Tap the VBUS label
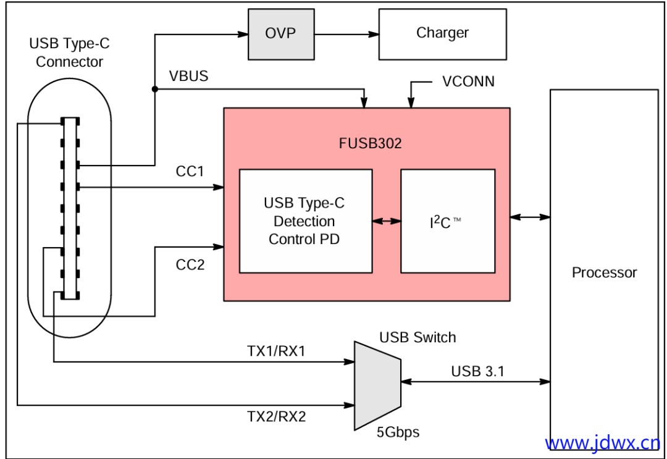pyautogui.click(x=188, y=77)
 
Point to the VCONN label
pyautogui.click(x=468, y=82)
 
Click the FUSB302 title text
pyautogui.click(x=371, y=144)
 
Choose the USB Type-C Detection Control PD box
pyautogui.click(x=305, y=221)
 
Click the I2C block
pyautogui.click(x=448, y=221)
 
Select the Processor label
pyautogui.click(x=604, y=272)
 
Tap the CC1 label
pyautogui.click(x=190, y=171)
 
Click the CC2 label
pyautogui.click(x=190, y=265)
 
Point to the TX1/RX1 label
pyautogui.click(x=276, y=351)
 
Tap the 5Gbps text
pyautogui.click(x=398, y=432)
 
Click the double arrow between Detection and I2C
pyautogui.click(x=387, y=221)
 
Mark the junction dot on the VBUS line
pyautogui.click(x=154, y=90)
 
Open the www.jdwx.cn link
pyautogui.click(x=602, y=443)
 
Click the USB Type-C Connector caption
pyautogui.click(x=69, y=53)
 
